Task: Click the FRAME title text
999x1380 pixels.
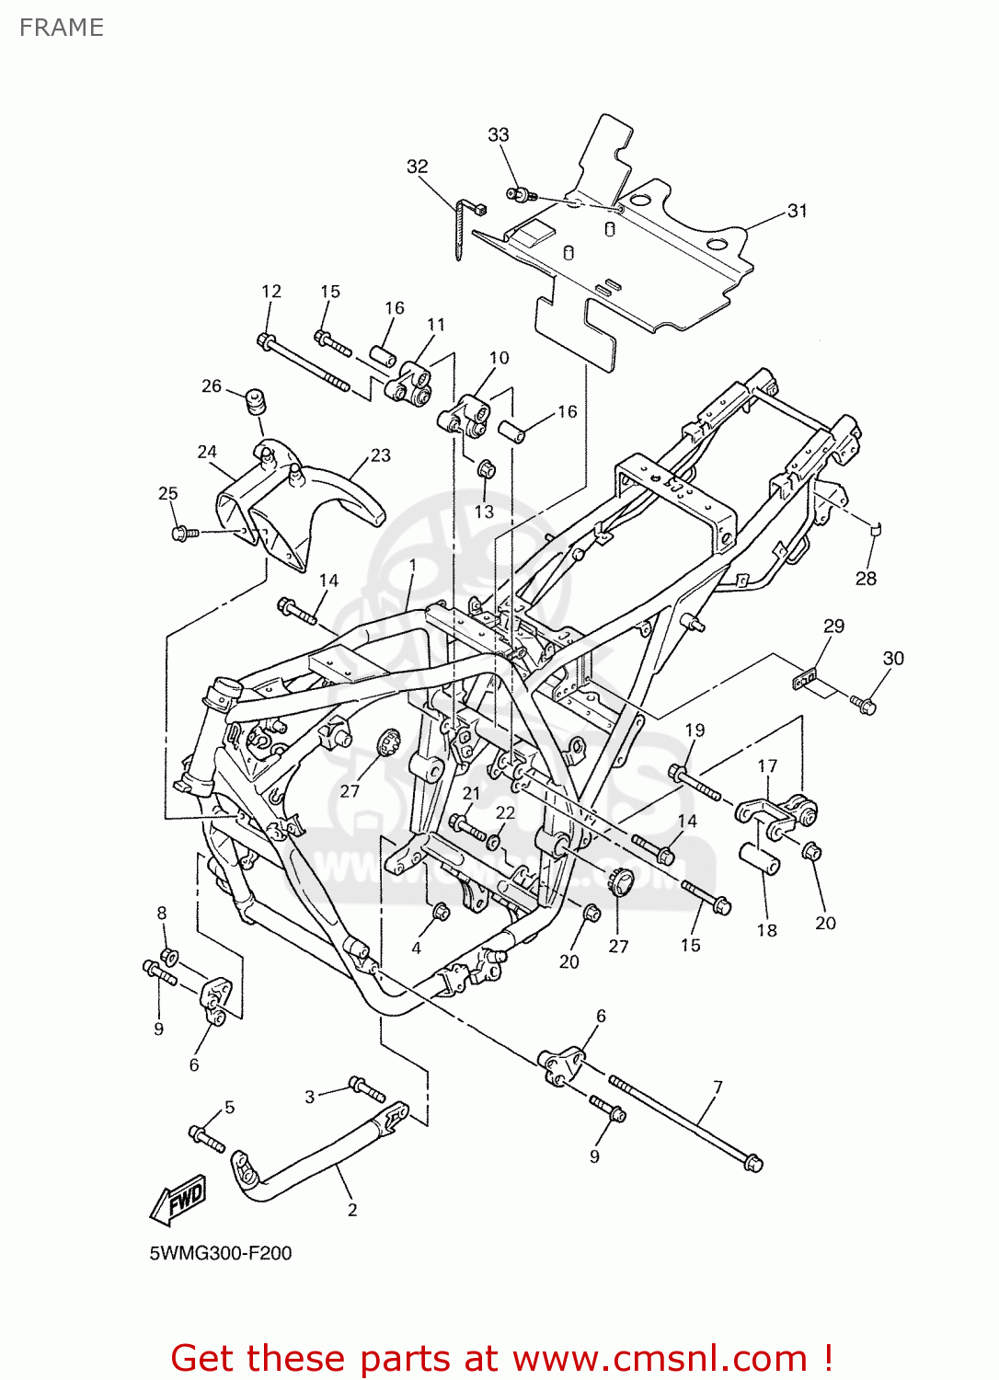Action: point(61,28)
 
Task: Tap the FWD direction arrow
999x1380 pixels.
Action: point(179,1200)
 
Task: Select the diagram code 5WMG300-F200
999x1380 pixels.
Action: point(221,1253)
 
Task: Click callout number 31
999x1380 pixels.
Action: point(797,211)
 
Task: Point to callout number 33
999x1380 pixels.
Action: point(498,134)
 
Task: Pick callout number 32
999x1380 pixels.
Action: point(417,167)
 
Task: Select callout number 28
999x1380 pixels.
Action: point(866,579)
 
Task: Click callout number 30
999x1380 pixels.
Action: point(893,659)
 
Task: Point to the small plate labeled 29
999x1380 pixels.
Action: point(805,680)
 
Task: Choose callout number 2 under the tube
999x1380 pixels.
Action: point(352,1210)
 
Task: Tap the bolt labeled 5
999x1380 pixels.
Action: point(207,1138)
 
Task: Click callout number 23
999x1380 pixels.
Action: point(380,455)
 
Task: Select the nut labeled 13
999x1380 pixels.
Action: point(487,469)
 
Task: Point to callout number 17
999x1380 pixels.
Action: point(767,765)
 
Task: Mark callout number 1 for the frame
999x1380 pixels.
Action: point(413,565)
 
